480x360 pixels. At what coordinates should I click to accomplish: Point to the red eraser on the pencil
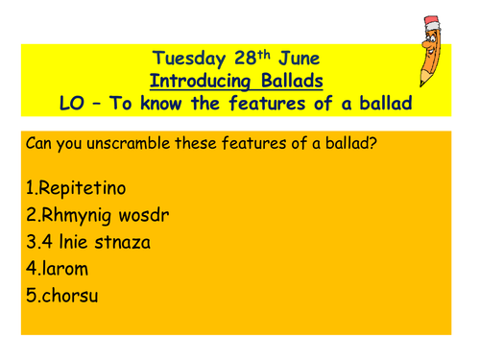tap(434, 22)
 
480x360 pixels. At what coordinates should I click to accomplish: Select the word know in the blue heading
tap(172, 104)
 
